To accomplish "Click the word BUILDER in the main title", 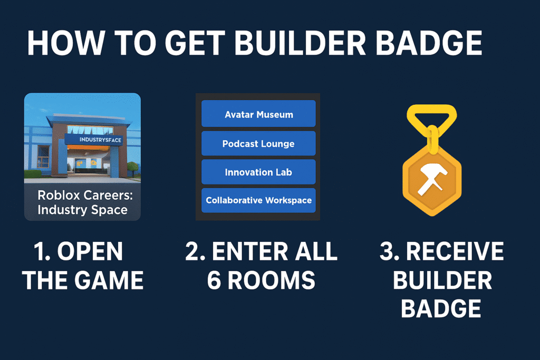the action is tap(300, 43).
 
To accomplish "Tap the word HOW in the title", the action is tap(65, 43).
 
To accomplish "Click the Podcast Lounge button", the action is tap(258, 143).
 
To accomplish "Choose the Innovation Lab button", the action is tap(258, 172).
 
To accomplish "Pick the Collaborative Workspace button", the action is tap(258, 200).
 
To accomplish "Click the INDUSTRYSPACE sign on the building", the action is tap(93, 140).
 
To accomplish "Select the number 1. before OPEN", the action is tap(43, 251).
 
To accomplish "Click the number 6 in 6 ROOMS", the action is tap(214, 280).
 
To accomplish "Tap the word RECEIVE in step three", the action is tap(455, 251).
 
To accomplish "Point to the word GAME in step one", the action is tap(109, 280).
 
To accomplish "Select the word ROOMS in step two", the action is tap(272, 280).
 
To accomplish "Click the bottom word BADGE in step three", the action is tap(441, 308).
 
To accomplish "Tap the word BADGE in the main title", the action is tap(429, 43).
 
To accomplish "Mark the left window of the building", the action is tap(43, 157).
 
